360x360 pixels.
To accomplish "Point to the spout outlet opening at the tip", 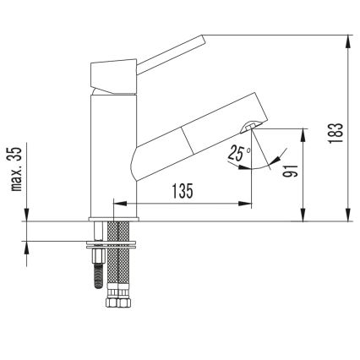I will pyautogui.click(x=249, y=128).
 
